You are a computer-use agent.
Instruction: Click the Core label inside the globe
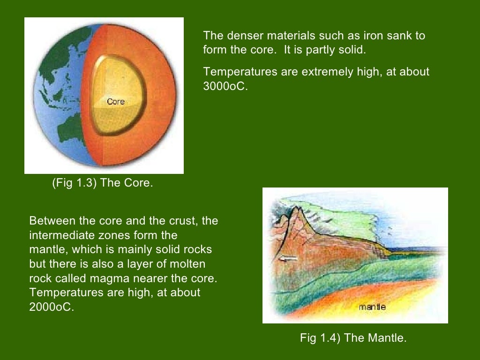[x=115, y=101]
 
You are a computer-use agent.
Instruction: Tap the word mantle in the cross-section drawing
[x=372, y=307]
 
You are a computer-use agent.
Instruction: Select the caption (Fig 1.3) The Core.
[x=102, y=183]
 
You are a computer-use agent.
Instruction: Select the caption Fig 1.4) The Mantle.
[x=353, y=337]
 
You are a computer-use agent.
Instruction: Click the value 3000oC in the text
[x=224, y=86]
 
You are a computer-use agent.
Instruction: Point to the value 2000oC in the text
[x=52, y=307]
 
